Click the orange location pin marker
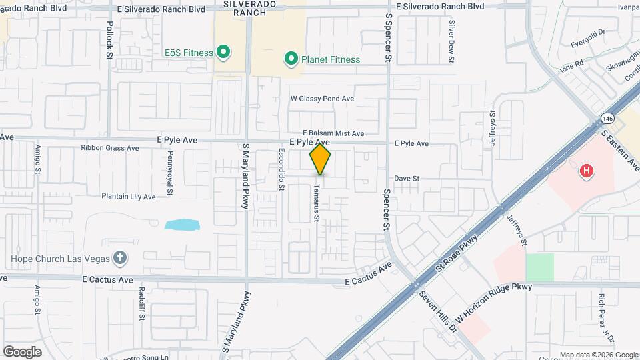[321, 159]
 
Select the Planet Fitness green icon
[291, 59]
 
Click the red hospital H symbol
[587, 171]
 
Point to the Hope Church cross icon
[120, 258]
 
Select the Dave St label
[406, 179]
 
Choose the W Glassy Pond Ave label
[322, 99]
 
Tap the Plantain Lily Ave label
[128, 197]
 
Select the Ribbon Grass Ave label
[109, 148]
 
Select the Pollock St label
[109, 40]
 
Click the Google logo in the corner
[22, 352]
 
